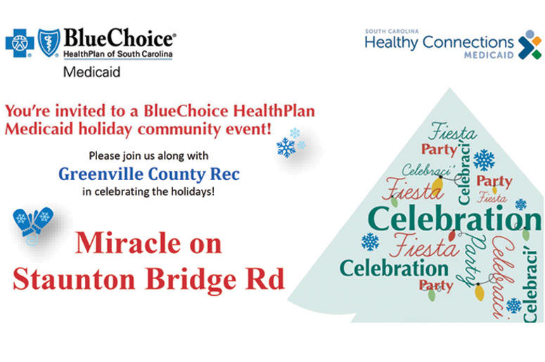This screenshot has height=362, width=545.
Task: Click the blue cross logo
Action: (20, 43)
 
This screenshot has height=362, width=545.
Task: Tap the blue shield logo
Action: (49, 42)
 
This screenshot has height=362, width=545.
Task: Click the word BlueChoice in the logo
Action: (120, 38)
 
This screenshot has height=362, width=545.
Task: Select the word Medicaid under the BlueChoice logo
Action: (91, 72)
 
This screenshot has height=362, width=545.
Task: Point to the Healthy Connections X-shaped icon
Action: (530, 44)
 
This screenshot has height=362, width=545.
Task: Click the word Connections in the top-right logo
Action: (468, 42)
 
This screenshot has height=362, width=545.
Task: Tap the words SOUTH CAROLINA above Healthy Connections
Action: (392, 31)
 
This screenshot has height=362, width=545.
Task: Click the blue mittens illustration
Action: (33, 224)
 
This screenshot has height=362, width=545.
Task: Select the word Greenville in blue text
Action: (101, 174)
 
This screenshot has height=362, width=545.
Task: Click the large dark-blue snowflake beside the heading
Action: (286, 148)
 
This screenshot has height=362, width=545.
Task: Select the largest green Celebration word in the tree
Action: (454, 218)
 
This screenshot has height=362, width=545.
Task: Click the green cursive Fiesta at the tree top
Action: (452, 131)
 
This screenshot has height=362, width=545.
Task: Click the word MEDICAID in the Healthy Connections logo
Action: (489, 55)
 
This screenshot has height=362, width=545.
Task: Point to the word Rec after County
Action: (225, 174)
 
